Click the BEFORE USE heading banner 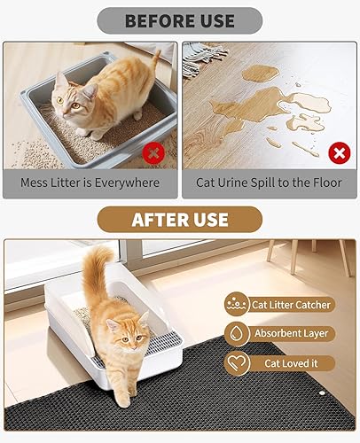tap(179, 20)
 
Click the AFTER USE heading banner tap(179, 219)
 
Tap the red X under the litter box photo tap(155, 152)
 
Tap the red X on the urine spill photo tap(338, 152)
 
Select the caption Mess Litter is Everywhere tap(92, 183)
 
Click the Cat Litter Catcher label tap(291, 305)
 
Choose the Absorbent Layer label tap(291, 334)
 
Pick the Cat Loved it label tap(291, 363)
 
